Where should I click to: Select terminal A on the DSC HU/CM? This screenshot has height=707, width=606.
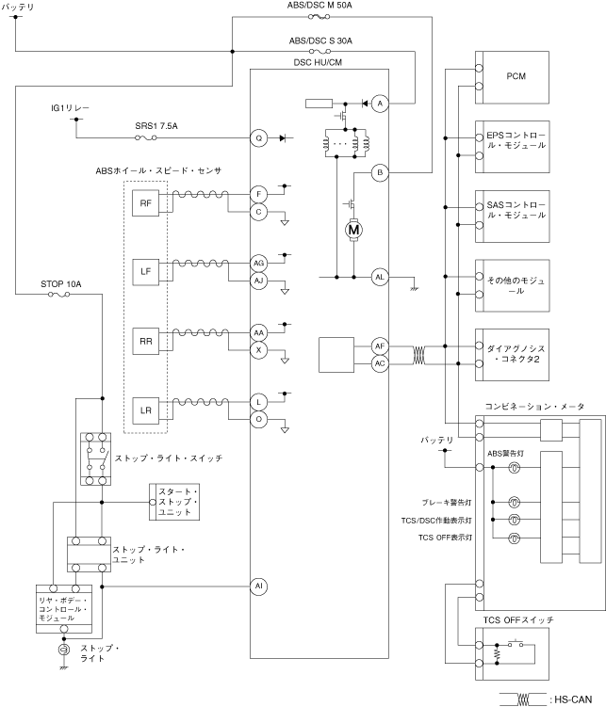click(380, 104)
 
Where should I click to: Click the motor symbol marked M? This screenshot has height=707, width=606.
click(354, 228)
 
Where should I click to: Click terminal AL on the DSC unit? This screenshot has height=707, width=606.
click(380, 277)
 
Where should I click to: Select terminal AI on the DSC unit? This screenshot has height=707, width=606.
click(258, 586)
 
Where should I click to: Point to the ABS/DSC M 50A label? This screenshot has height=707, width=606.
click(320, 7)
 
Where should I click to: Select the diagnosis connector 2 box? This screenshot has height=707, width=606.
click(515, 352)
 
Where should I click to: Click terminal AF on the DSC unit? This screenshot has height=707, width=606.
click(380, 346)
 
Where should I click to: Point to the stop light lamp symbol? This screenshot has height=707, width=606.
click(63, 651)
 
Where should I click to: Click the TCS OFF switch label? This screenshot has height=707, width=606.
click(518, 620)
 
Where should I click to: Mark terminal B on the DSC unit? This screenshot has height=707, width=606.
click(380, 172)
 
